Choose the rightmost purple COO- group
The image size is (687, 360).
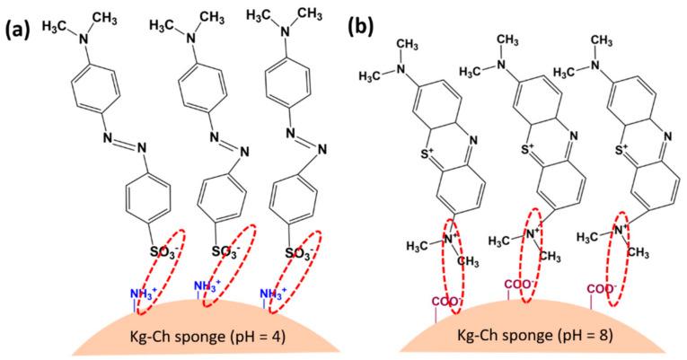(603, 289)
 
